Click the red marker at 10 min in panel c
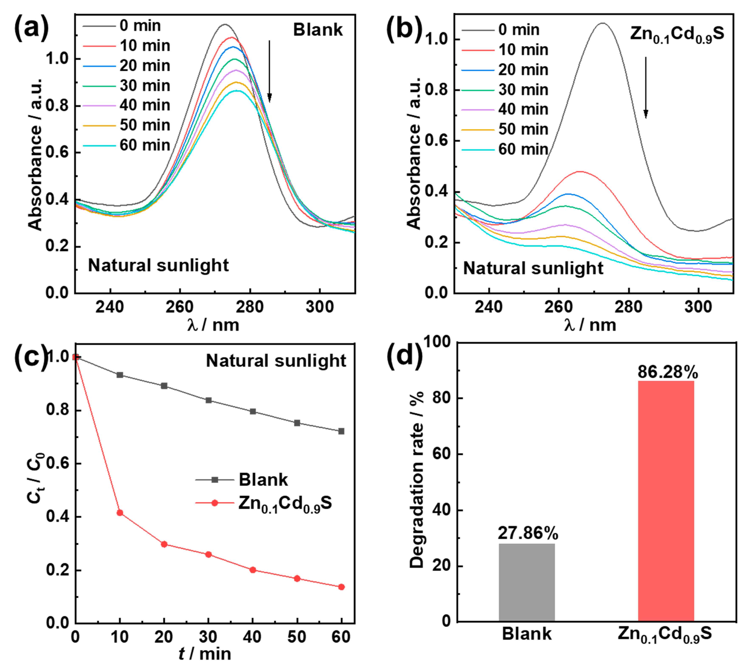[120, 513]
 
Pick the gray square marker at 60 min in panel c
[341, 431]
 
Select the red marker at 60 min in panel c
[341, 587]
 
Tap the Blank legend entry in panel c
[263, 480]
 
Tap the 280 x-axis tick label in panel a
[250, 307]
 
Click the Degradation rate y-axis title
[417, 480]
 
